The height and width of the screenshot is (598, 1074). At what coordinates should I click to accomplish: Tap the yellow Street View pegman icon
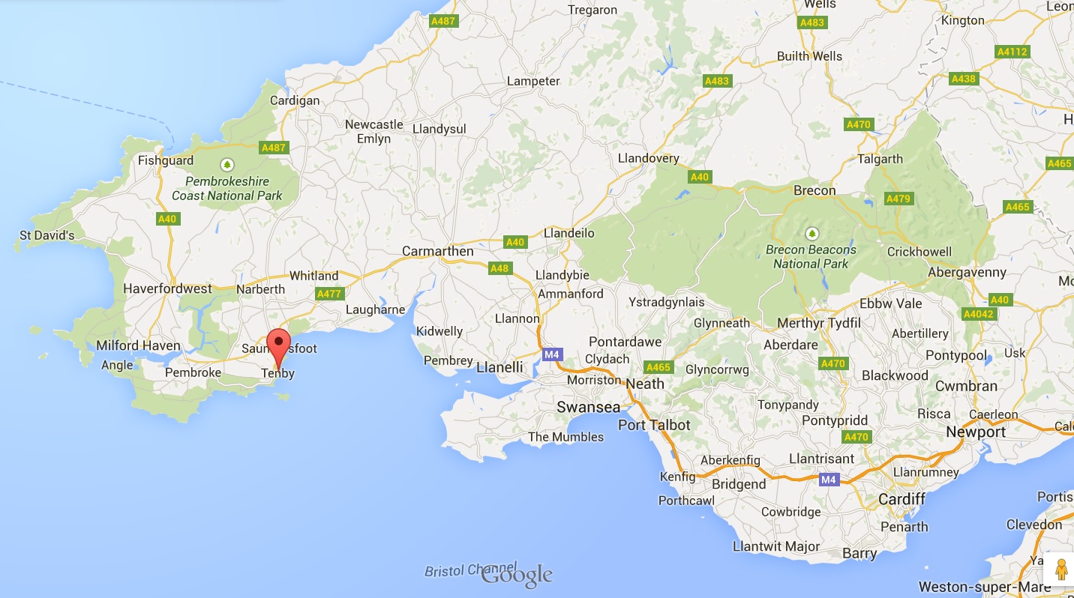(x=1061, y=570)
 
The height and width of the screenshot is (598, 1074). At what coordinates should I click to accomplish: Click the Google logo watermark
(x=517, y=575)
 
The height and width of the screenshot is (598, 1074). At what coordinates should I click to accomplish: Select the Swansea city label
(x=588, y=407)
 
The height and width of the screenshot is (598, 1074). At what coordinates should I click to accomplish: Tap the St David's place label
(x=47, y=235)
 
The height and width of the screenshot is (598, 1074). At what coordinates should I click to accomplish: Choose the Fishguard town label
(x=166, y=160)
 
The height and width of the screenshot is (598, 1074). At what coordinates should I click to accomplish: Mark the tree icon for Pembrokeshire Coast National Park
(x=226, y=164)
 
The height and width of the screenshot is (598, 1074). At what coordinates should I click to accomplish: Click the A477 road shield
(x=329, y=294)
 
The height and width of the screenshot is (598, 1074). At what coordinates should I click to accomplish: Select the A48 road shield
(x=499, y=268)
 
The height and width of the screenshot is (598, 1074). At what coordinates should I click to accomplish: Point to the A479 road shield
(x=898, y=199)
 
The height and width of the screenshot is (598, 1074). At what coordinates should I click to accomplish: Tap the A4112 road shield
(x=1012, y=52)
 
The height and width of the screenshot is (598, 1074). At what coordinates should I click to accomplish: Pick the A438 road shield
(x=963, y=79)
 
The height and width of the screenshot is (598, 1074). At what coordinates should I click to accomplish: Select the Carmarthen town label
(x=437, y=251)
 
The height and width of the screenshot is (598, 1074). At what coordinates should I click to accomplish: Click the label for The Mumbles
(x=565, y=437)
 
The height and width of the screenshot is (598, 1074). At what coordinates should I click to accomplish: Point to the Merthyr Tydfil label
(x=819, y=323)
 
